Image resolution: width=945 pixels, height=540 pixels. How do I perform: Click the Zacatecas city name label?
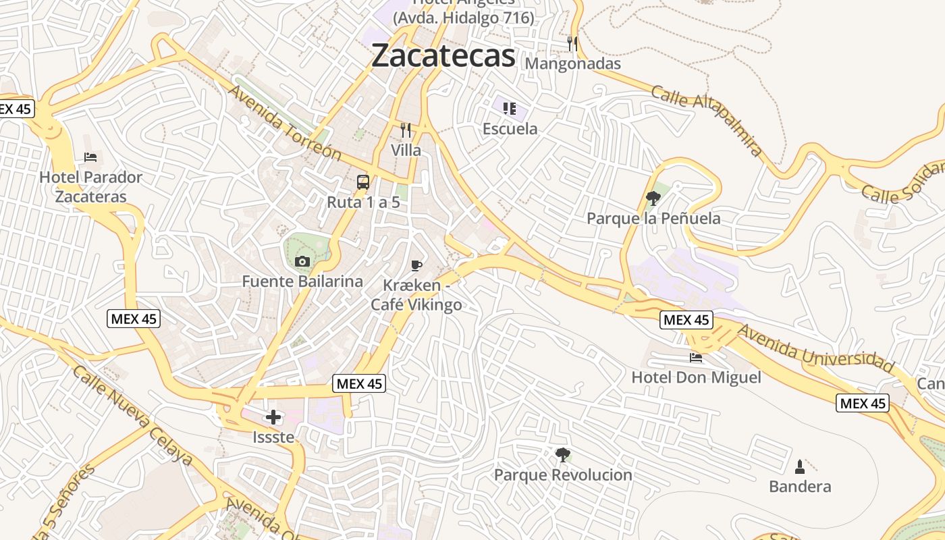443,55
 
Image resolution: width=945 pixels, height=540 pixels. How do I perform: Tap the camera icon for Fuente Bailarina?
302,261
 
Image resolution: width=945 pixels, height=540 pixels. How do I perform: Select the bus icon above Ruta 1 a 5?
363,182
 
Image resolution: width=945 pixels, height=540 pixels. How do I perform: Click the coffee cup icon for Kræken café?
416,265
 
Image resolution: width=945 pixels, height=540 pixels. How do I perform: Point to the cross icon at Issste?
273,417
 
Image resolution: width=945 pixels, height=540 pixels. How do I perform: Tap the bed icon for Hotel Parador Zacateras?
90,157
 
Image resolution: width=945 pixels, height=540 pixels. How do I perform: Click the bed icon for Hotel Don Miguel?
696,357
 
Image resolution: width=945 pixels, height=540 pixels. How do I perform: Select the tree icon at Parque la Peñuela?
653,198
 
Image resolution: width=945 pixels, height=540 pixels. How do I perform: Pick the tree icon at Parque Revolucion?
562,455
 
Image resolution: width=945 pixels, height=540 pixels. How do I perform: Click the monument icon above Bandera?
800,466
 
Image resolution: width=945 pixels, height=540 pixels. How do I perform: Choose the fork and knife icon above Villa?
406,130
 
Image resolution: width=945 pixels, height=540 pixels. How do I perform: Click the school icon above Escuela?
510,108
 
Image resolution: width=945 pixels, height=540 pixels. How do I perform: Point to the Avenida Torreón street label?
284,122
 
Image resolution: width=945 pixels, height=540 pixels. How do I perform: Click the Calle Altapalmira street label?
707,120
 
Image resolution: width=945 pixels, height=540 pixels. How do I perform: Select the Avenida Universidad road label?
815,347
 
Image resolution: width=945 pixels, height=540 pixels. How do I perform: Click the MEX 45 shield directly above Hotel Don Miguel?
686,320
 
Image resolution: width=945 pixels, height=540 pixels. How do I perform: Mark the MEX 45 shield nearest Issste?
359,384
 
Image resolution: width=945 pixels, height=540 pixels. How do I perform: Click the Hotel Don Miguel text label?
696,377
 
